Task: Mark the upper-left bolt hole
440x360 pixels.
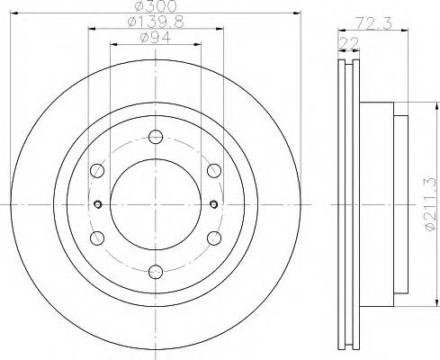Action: point(96,170)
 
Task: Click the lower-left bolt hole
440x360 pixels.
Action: point(96,237)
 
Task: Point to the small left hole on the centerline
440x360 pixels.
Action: point(95,203)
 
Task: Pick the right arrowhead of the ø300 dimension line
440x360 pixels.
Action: point(294,13)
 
